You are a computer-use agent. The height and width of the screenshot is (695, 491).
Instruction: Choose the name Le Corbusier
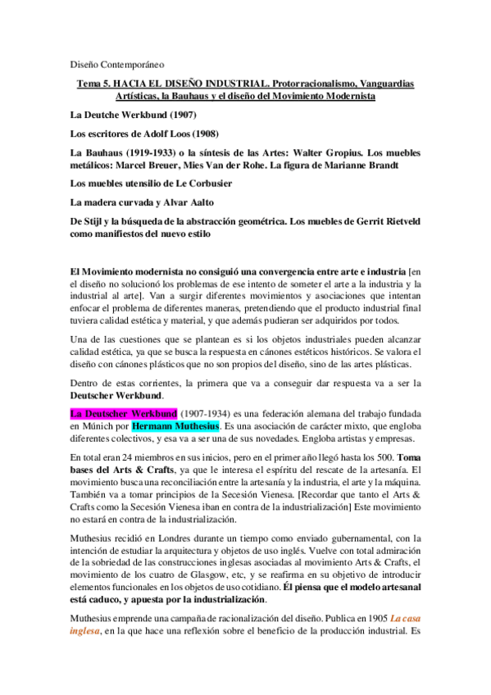tap(201, 184)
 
